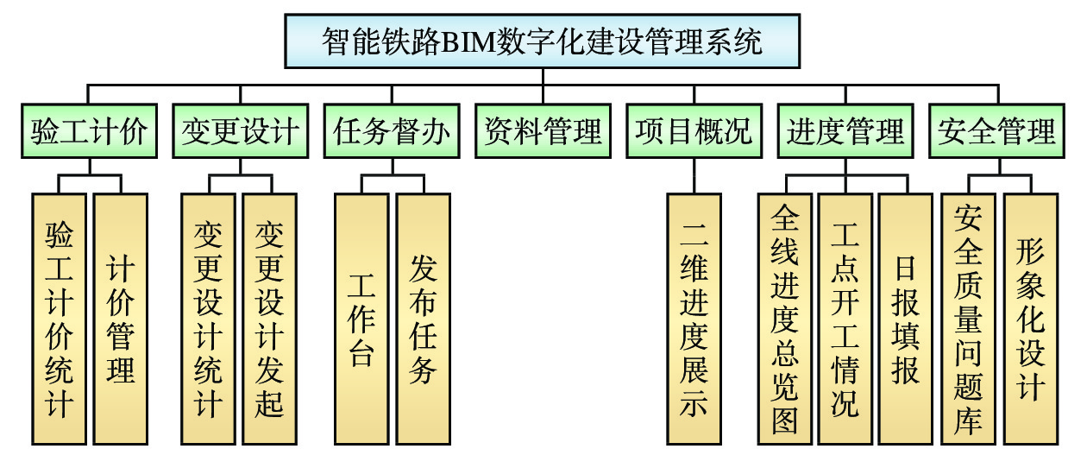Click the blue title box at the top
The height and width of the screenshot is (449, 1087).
click(x=543, y=41)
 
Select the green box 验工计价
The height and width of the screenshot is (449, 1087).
click(x=88, y=132)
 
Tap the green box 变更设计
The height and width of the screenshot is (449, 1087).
click(x=240, y=132)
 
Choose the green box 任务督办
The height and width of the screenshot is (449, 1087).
click(x=392, y=132)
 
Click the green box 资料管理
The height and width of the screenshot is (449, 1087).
click(x=543, y=132)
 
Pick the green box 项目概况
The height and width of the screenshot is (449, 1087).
click(x=694, y=132)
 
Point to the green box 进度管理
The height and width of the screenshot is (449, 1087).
click(x=845, y=132)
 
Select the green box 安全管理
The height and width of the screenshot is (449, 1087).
click(x=997, y=132)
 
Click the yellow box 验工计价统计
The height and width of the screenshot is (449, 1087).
click(x=59, y=318)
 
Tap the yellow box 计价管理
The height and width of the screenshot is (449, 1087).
click(x=120, y=318)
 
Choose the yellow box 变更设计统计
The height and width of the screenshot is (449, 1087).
click(x=209, y=318)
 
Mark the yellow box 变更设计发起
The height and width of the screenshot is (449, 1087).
click(x=270, y=318)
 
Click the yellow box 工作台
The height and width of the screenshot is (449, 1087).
click(x=361, y=318)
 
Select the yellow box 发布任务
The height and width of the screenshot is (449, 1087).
click(x=423, y=318)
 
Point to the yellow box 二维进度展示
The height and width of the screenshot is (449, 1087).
click(x=694, y=318)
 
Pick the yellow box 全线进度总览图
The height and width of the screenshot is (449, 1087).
click(x=784, y=318)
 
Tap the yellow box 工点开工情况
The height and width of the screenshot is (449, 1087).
click(x=845, y=318)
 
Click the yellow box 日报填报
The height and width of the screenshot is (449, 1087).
click(x=906, y=318)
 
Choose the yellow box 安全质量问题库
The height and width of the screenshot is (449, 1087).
click(x=968, y=318)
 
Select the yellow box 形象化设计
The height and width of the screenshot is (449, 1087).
click(x=1030, y=318)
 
